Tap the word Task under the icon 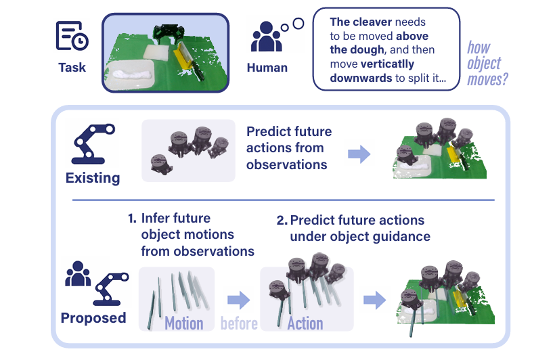point(72,68)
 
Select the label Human point(267,68)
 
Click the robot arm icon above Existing point(92,145)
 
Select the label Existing point(93,179)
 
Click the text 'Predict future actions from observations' point(286,148)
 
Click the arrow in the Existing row point(359,154)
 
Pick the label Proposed point(93,318)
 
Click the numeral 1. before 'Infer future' point(132,219)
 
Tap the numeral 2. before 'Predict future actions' point(282,221)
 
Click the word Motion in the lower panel point(183,323)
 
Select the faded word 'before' point(239,323)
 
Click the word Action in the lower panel point(305,323)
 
